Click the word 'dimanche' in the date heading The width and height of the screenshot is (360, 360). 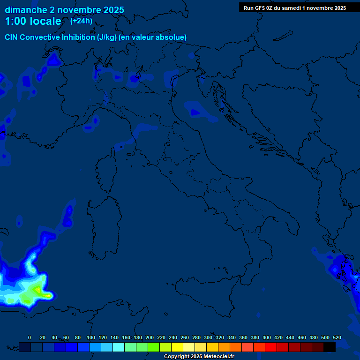pyautogui.click(x=26, y=10)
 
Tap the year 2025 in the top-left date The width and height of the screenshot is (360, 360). pyautogui.click(x=113, y=10)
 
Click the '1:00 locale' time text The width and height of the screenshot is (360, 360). pyautogui.click(x=33, y=21)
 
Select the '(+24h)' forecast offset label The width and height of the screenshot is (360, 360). pyautogui.click(x=81, y=21)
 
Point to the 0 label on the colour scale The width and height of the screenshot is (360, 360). pyautogui.click(x=30, y=337)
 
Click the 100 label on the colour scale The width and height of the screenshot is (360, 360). pyautogui.click(x=91, y=337)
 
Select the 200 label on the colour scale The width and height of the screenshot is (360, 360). pyautogui.click(x=150, y=337)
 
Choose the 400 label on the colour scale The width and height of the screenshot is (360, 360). pyautogui.click(x=267, y=337)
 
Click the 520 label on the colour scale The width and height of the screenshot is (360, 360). pyautogui.click(x=337, y=337)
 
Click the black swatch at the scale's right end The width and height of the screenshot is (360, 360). pyautogui.click(x=330, y=347)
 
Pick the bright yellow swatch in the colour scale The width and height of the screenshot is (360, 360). pyautogui.click(x=177, y=347)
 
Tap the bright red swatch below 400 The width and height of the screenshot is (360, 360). pyautogui.click(x=271, y=347)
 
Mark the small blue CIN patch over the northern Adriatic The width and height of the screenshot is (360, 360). pyautogui.click(x=195, y=112)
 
